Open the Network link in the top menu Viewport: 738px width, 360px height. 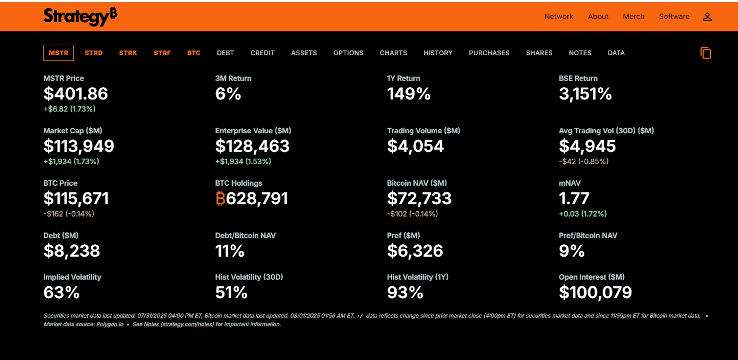tap(559, 17)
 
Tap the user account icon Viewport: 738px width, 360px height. tap(707, 17)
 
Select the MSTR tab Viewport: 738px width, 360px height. tap(59, 53)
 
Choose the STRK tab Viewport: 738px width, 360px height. tap(128, 53)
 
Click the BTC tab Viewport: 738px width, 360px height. tap(194, 53)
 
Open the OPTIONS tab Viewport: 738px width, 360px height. tap(348, 53)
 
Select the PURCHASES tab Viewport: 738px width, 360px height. tap(489, 53)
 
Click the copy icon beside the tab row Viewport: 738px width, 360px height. tap(706, 53)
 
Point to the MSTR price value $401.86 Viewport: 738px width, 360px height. tap(76, 94)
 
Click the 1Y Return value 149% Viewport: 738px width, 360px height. tap(409, 94)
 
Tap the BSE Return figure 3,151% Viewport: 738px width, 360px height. tap(585, 94)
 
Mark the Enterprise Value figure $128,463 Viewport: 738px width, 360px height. tap(252, 147)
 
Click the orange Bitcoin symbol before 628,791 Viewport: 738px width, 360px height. tap(220, 199)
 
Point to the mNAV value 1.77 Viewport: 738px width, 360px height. tap(574, 199)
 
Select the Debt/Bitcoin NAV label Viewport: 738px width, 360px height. tap(245, 236)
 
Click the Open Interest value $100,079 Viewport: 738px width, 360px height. tap(595, 293)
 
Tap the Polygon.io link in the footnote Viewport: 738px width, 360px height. tap(110, 325)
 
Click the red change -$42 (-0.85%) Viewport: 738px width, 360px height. tap(583, 161)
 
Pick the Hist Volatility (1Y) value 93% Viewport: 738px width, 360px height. tap(405, 293)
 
